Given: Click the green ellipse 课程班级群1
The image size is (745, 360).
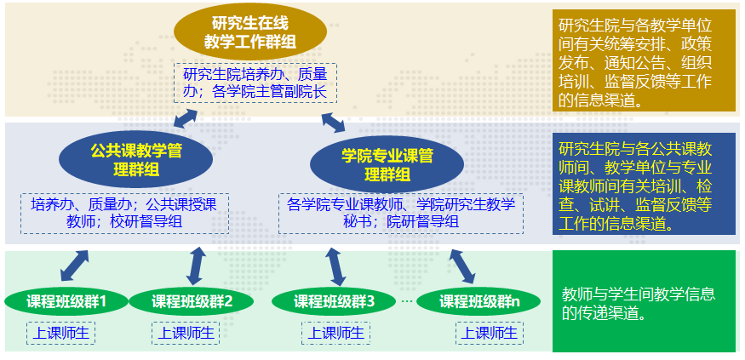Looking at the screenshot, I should coord(66,300).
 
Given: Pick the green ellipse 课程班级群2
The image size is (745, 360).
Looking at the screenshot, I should coord(191,300).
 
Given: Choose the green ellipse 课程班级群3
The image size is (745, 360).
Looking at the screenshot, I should coord(334,300).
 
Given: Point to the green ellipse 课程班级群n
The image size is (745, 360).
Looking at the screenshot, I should coord(479,300).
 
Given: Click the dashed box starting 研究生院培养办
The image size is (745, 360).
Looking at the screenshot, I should coord(255,83).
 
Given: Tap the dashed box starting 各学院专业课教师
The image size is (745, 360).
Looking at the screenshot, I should coord(400,213).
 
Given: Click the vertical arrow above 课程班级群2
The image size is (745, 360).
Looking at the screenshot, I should coord(196,265).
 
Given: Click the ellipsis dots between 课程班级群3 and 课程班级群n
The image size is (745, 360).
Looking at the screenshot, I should coord(407,300).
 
